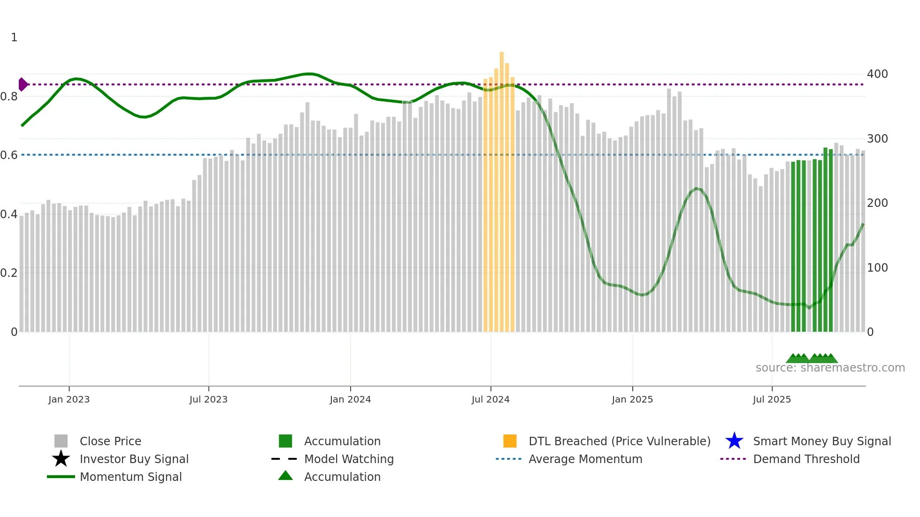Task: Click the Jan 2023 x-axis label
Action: point(69,399)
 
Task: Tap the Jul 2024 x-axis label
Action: point(491,399)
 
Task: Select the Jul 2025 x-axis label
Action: point(772,399)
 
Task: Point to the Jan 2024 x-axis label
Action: point(350,399)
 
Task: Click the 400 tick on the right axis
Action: point(877,74)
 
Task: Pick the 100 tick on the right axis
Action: point(877,268)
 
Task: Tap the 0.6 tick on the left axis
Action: point(9,155)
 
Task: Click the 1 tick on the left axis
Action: point(14,38)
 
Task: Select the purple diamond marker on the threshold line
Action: point(23,84)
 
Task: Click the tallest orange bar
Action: point(501,188)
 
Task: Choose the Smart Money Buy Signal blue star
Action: point(734,441)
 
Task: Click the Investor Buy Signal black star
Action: point(61,459)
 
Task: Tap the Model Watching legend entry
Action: point(349,459)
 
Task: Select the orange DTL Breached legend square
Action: point(510,441)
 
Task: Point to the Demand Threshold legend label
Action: point(806,459)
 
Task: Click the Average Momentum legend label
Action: point(585,459)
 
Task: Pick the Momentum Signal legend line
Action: point(61,477)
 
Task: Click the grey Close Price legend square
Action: point(61,441)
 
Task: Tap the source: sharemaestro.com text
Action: point(830,368)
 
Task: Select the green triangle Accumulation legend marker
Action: point(285,476)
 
